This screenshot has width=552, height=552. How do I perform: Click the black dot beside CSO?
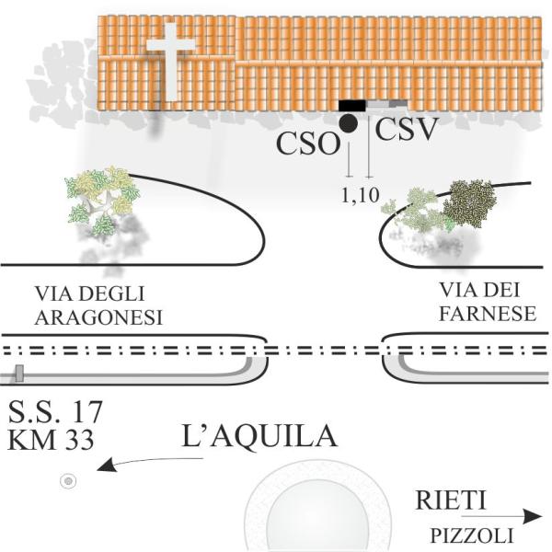[348, 123]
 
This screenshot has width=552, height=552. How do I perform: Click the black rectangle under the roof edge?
[351, 106]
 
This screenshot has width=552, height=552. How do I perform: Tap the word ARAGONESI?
[98, 317]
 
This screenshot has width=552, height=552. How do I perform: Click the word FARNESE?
[488, 314]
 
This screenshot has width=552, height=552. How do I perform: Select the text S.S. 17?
[54, 409]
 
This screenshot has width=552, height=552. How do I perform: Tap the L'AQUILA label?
[260, 435]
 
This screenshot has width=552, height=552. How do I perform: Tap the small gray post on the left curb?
[18, 373]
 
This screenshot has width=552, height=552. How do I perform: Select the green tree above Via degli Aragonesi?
[102, 198]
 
